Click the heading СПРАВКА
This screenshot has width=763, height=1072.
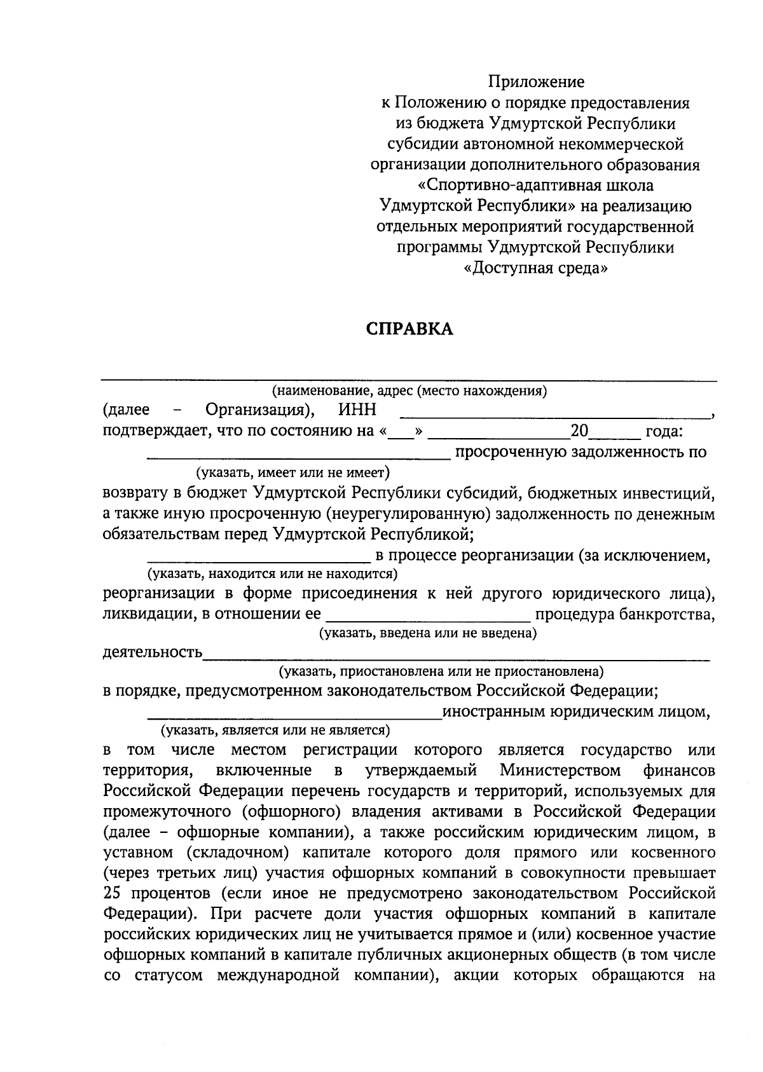point(409,329)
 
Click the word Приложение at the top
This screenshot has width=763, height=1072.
point(535,82)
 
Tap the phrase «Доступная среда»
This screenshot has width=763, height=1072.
point(535,268)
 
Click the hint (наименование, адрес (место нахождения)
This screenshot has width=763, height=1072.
point(409,391)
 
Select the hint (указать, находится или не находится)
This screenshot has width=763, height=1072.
point(272,574)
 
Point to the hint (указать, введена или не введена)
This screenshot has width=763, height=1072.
point(427,633)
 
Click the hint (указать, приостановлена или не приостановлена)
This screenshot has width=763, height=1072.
point(441,671)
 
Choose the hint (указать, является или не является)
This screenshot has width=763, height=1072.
point(275,730)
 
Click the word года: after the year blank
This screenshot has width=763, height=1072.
point(664,432)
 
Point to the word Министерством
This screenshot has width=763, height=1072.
point(560,771)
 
